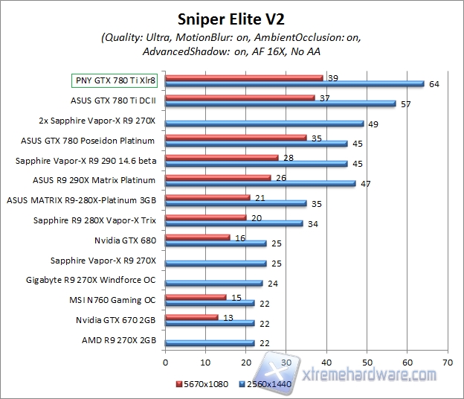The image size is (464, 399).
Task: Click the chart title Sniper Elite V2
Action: [231, 16]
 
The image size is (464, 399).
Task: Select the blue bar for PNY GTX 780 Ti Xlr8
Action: [294, 84]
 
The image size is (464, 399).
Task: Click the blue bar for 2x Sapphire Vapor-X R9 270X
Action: [265, 123]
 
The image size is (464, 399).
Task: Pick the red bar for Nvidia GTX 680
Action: [198, 237]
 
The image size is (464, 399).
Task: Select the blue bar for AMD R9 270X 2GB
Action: [210, 343]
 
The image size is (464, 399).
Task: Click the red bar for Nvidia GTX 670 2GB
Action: [192, 317]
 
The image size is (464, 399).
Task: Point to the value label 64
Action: [434, 84]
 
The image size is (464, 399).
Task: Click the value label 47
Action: [365, 182]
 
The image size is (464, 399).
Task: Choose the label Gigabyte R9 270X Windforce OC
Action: [101, 281]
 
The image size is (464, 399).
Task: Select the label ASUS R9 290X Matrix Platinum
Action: [105, 179]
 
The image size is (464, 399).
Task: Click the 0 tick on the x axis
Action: [165, 363]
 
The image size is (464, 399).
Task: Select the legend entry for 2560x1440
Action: [265, 383]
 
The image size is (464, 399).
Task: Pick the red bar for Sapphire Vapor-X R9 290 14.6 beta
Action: [222, 157]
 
